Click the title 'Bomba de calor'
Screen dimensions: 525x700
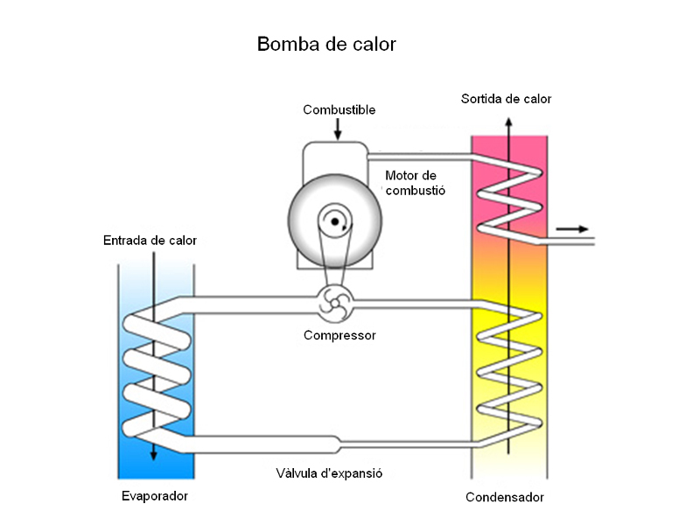[326, 44]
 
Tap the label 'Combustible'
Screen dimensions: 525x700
[339, 110]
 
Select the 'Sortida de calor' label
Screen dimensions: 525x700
[506, 99]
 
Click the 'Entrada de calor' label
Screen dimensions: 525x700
[150, 241]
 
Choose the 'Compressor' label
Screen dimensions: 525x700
[339, 335]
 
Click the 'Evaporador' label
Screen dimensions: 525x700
[155, 496]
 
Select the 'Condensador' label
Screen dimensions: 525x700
[505, 497]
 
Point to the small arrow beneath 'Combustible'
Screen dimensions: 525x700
[339, 129]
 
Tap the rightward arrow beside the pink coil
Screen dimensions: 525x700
[572, 229]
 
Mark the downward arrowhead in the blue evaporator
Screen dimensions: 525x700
[154, 454]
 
